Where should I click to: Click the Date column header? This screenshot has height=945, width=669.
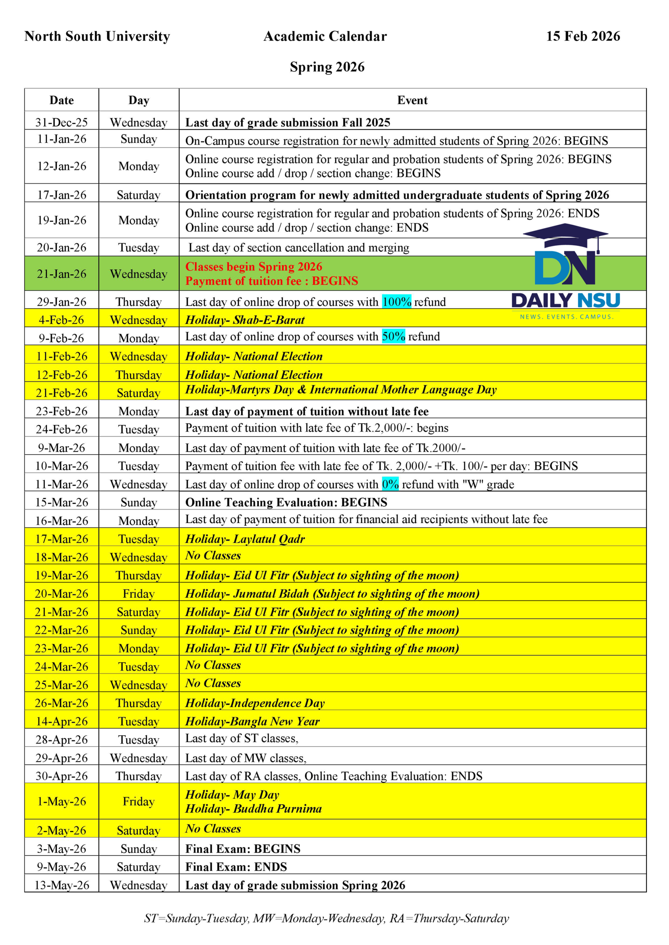61,100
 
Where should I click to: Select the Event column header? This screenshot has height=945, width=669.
412,100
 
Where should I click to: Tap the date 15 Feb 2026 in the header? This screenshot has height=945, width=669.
582,36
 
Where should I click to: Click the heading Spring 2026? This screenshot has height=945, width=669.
327,67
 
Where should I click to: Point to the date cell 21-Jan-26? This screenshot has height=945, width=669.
61,274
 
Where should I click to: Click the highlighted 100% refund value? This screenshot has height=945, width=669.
396,302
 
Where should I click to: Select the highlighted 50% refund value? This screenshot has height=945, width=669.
393,336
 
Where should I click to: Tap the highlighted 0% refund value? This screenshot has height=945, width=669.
390,484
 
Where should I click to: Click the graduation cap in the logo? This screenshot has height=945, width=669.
565,236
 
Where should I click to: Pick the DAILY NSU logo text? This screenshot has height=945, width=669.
565,301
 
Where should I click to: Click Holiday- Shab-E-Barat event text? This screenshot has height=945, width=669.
245,320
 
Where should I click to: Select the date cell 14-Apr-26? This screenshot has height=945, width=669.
61,721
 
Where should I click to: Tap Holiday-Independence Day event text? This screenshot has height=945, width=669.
255,703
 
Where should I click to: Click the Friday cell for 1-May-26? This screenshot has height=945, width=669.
138,801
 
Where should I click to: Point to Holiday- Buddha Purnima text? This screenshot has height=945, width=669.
253,809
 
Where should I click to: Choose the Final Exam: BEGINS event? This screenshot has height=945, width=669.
243,848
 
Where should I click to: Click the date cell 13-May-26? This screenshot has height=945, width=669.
61,885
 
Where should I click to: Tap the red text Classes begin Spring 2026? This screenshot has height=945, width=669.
253,267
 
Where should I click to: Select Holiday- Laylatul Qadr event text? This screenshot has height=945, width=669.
245,539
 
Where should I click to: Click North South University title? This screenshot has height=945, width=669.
97,36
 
